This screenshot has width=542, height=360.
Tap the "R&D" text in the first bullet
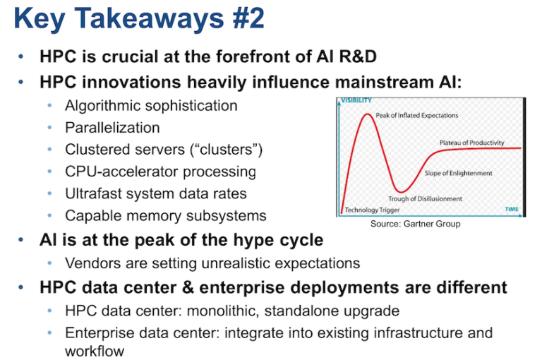[358, 56]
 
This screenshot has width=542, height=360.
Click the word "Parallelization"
[112, 128]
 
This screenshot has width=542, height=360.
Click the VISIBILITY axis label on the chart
[356, 100]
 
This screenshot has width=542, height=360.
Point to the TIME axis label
[512, 209]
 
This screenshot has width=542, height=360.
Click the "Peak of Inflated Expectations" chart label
[416, 115]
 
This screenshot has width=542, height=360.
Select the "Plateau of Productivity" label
[472, 143]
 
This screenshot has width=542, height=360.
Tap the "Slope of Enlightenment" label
[458, 173]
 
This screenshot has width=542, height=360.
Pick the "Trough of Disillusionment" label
[425, 199]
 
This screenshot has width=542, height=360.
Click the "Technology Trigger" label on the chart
[372, 210]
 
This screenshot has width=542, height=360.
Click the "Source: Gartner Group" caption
[416, 224]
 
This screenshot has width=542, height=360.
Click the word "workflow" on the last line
[95, 352]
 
